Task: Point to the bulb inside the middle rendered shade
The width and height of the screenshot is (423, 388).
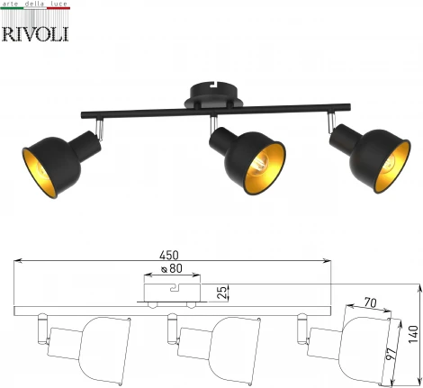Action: click(260, 164)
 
